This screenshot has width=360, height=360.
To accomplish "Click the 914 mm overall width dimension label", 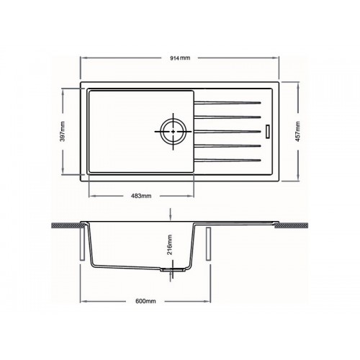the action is [180, 58].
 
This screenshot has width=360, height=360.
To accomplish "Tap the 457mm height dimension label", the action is [297, 132].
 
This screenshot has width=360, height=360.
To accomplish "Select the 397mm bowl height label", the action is [63, 132].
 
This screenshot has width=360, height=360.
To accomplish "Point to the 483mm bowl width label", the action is [141, 196].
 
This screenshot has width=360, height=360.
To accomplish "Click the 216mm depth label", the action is [170, 244].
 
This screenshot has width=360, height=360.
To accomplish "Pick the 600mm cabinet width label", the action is [145, 301].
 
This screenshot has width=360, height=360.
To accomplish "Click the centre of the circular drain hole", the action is [173, 132].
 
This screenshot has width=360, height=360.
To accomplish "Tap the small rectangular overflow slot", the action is [268, 131].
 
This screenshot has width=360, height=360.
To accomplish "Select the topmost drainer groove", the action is [228, 103].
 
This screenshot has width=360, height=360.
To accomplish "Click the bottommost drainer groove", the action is [228, 160].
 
